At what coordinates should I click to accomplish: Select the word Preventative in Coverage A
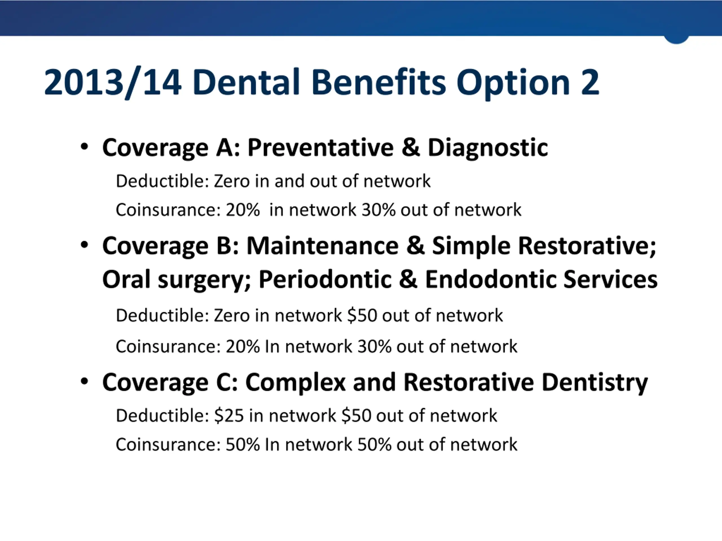tap(320, 147)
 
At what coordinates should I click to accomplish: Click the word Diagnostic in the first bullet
tap(488, 147)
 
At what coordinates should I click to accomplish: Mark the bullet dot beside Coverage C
tap(84, 381)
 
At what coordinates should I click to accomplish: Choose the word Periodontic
tap(325, 280)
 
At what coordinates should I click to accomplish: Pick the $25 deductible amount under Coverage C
tap(229, 415)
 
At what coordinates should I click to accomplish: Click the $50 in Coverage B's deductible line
tap(362, 315)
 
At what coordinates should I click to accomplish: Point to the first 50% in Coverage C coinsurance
tap(243, 444)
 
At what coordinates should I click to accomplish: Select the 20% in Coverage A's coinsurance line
tap(243, 210)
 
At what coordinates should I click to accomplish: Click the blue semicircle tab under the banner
tap(676, 39)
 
